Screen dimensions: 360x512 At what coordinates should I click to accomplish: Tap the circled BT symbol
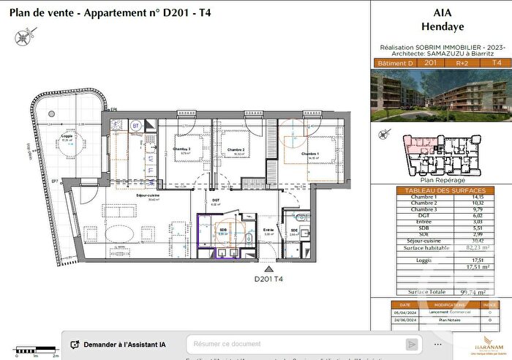click(135, 126)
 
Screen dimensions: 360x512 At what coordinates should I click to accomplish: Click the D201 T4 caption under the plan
click(268, 278)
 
